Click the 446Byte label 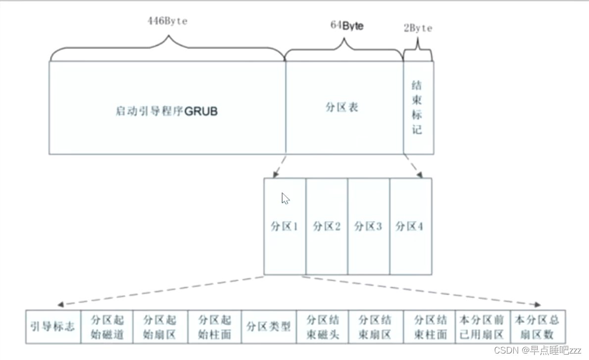click(168, 21)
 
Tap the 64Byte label click(346, 25)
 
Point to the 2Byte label click(418, 28)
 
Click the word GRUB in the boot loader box click(201, 111)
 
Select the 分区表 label click(342, 107)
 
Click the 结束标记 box click(418, 107)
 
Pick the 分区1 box click(285, 226)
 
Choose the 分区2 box click(327, 226)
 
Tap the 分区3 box click(368, 226)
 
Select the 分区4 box click(410, 226)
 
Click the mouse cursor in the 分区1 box click(285, 199)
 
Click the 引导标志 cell click(52, 326)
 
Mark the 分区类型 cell click(269, 327)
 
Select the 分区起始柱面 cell click(214, 327)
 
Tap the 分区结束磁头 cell click(323, 327)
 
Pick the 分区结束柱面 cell click(430, 327)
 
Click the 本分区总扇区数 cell click(538, 327)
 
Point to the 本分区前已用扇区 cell click(482, 327)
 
